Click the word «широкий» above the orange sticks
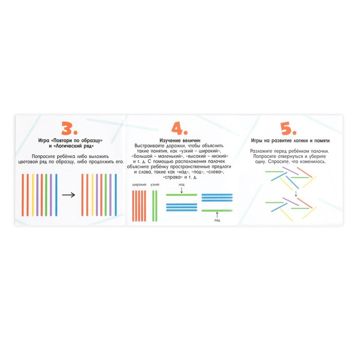pyautogui.click(x=139, y=185)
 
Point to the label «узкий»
pyautogui.click(x=155, y=185)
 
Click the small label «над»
pyautogui.click(x=182, y=184)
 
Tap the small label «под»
pyautogui.click(x=217, y=220)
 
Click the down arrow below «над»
pyautogui.click(x=182, y=190)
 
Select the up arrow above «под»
pyautogui.click(x=217, y=215)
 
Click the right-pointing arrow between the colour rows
pyautogui.click(x=68, y=195)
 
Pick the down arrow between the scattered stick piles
pyautogui.click(x=296, y=194)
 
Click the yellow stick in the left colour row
pyautogui.click(x=33, y=195)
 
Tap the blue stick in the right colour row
pyautogui.click(x=116, y=195)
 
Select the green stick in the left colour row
pyautogui.click(x=46, y=195)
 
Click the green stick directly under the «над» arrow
pyautogui.click(x=182, y=195)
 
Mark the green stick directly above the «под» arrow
pyautogui.click(x=217, y=210)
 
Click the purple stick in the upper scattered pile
pyautogui.click(x=291, y=171)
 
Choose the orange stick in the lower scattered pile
pyautogui.click(x=304, y=203)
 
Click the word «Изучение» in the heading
pyautogui.click(x=169, y=140)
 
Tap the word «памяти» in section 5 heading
pyautogui.click(x=322, y=140)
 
